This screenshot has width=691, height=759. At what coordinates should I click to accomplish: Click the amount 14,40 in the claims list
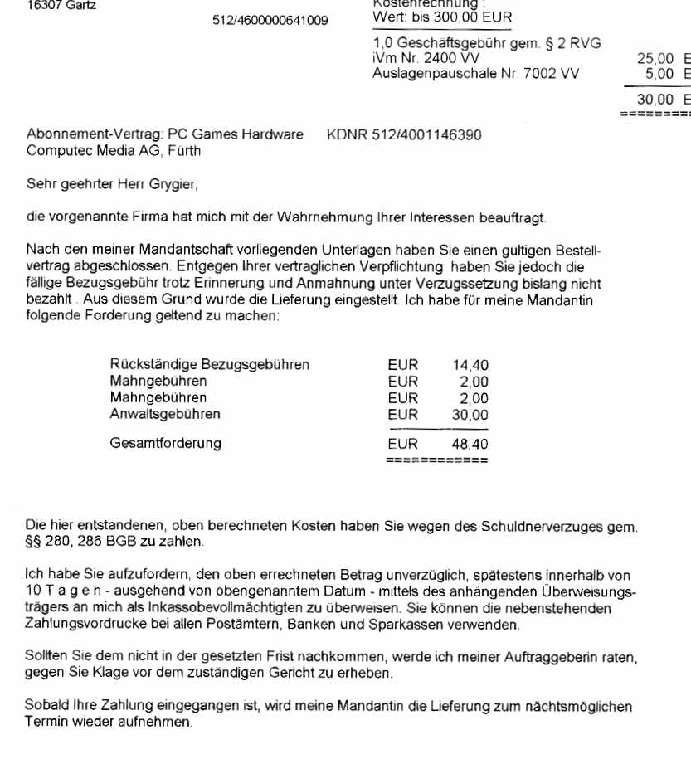pyautogui.click(x=470, y=364)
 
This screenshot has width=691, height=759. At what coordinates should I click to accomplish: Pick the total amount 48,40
pyautogui.click(x=470, y=443)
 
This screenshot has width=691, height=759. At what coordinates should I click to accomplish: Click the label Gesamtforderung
pyautogui.click(x=166, y=443)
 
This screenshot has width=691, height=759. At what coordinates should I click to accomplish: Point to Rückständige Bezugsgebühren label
pyautogui.click(x=210, y=364)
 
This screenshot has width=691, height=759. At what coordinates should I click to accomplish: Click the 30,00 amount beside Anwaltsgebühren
pyautogui.click(x=470, y=414)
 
